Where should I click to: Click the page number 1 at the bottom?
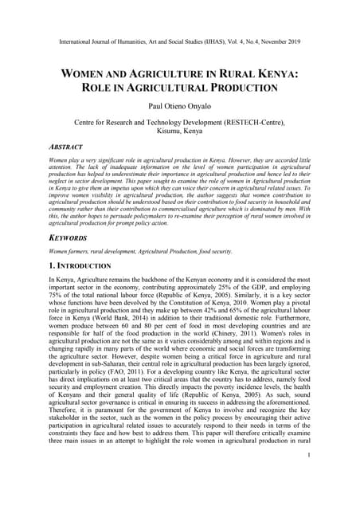[308, 476]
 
